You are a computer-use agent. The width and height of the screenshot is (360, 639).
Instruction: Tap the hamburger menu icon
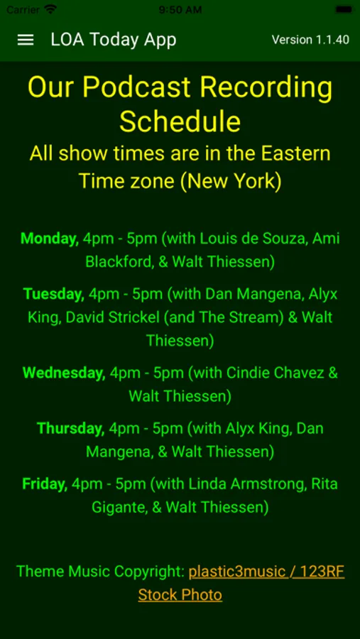click(26, 40)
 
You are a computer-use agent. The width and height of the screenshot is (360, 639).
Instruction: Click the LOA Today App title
click(114, 40)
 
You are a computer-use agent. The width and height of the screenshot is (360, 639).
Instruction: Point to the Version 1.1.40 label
click(310, 40)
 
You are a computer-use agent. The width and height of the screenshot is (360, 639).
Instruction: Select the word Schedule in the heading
click(180, 121)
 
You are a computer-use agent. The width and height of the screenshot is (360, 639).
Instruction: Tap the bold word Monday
click(50, 239)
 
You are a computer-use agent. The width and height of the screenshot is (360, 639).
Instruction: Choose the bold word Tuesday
click(54, 294)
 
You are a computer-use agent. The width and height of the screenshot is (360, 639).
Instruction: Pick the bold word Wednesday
click(64, 373)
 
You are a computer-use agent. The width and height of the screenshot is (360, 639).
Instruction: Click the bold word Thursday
click(71, 428)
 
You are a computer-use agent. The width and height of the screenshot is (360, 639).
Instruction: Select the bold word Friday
click(45, 484)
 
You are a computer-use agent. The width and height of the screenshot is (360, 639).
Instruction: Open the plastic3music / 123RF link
click(266, 572)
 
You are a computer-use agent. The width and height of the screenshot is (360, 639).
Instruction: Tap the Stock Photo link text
click(180, 595)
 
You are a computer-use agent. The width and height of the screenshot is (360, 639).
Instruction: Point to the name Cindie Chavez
click(276, 373)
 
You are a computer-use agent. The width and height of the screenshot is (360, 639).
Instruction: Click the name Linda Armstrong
click(268, 484)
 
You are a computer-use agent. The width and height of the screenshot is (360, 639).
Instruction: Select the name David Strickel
click(112, 317)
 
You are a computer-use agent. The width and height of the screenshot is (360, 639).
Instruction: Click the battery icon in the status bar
click(344, 9)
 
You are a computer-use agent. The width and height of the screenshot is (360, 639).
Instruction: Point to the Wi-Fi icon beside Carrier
click(50, 9)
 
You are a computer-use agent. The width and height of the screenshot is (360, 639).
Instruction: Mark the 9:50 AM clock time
click(180, 10)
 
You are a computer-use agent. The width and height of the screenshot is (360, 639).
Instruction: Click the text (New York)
click(231, 180)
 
